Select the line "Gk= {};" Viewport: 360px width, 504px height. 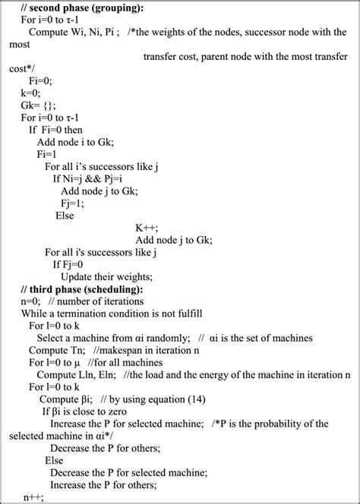[39, 105]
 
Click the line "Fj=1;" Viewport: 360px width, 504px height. [74, 203]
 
